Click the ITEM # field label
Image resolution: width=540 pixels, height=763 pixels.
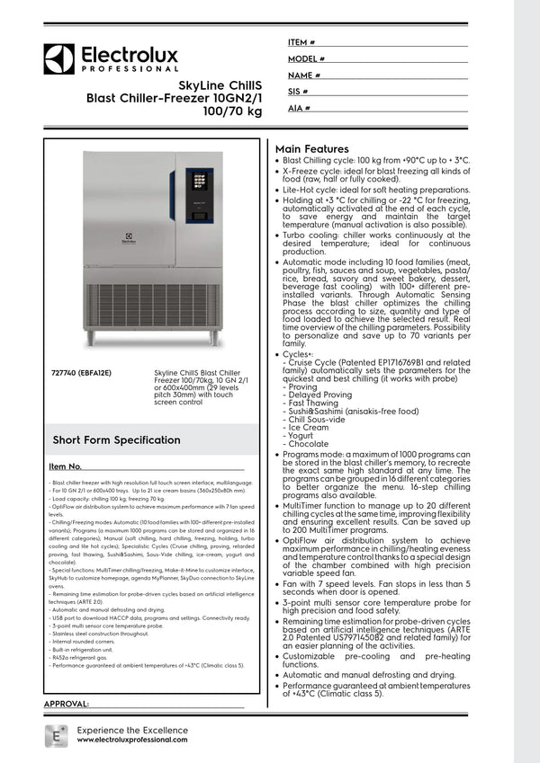[x=301, y=42]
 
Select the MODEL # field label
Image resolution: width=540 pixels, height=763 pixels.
[x=306, y=58]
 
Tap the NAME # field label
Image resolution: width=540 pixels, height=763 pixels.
[x=304, y=75]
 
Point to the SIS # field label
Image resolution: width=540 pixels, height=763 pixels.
[x=298, y=92]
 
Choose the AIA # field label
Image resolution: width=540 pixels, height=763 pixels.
[x=299, y=108]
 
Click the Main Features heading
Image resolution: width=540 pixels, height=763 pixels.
[x=311, y=149]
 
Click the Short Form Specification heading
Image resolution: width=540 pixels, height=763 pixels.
[x=116, y=440]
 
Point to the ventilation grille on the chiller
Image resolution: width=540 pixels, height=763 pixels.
[x=152, y=306]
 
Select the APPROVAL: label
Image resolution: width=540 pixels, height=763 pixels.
[x=66, y=703]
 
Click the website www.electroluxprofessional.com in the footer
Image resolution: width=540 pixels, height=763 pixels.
[x=132, y=739]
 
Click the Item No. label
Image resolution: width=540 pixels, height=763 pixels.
[x=66, y=467]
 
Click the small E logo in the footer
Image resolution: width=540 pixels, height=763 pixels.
[x=56, y=733]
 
